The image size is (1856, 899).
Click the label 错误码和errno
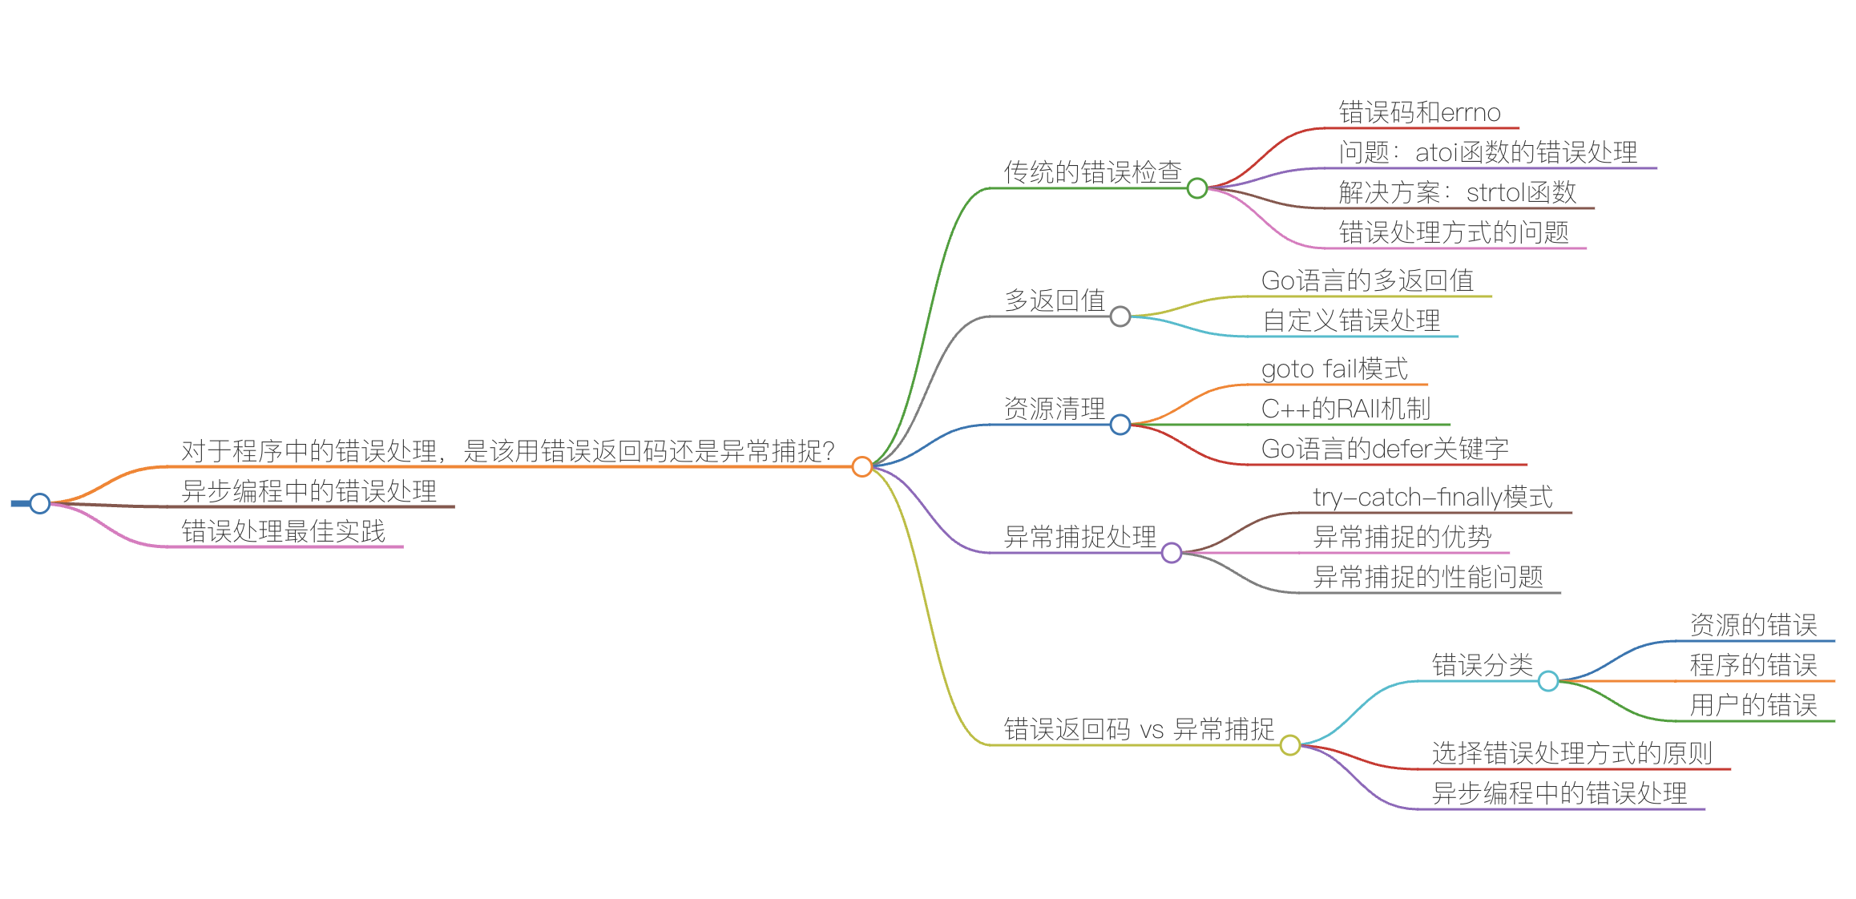[1419, 112]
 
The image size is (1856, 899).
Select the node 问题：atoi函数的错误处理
[1487, 152]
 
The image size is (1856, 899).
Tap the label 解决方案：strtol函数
[1457, 192]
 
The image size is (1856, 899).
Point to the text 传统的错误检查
[1092, 172]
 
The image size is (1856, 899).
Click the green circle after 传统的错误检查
[1197, 188]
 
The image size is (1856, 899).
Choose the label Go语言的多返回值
[1367, 280]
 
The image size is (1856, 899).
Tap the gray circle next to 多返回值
[1120, 316]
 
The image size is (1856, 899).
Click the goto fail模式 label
[1334, 369]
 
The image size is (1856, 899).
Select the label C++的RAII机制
[1346, 409]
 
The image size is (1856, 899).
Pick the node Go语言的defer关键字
[1385, 449]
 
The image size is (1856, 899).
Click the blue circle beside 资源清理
[1120, 425]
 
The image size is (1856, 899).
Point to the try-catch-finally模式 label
[1433, 497]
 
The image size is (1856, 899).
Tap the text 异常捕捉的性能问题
[1428, 577]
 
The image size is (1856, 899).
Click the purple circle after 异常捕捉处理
[1172, 553]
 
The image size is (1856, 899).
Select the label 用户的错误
[1753, 705]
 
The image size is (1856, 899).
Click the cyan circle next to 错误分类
[1548, 681]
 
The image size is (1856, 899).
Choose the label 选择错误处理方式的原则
[1572, 753]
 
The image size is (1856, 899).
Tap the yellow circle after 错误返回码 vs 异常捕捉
[1290, 745]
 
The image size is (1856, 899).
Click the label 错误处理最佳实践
[283, 531]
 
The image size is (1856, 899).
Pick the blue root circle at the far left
[40, 503]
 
